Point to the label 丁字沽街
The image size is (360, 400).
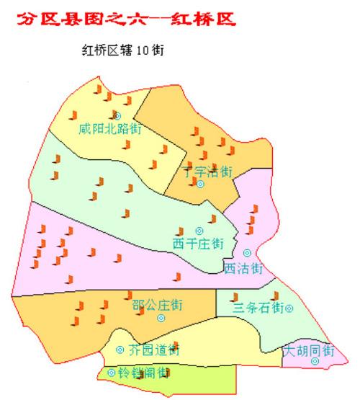pyautogui.click(x=207, y=172)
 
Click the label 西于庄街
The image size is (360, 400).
pyautogui.click(x=197, y=243)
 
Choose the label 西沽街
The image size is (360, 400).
pyautogui.click(x=243, y=268)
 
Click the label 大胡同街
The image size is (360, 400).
pyautogui.click(x=309, y=351)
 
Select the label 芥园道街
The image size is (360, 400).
pyautogui.click(x=153, y=350)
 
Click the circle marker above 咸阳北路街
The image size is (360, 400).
pyautogui.click(x=117, y=115)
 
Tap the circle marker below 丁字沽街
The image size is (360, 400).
pyautogui.click(x=201, y=185)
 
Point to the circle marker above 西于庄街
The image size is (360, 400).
pyautogui.click(x=199, y=231)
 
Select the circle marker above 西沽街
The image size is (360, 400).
pyautogui.click(x=247, y=253)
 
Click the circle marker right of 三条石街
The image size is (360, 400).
pyautogui.click(x=289, y=308)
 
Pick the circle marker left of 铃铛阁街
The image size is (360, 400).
pyautogui.click(x=112, y=373)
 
